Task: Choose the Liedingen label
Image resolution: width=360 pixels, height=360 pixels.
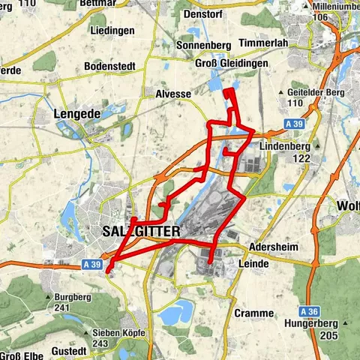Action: point(112,31)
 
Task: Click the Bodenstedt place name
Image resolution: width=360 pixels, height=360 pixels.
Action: point(109,67)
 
